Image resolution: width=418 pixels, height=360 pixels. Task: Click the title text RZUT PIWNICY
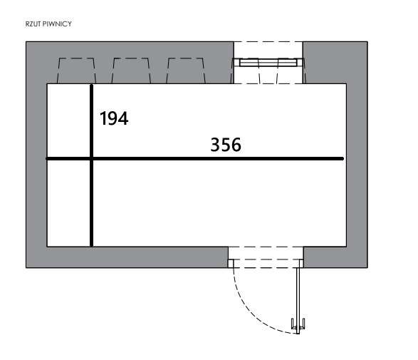point(48,24)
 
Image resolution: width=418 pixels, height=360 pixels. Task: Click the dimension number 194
point(114,118)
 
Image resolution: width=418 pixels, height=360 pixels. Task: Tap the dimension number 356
point(226,145)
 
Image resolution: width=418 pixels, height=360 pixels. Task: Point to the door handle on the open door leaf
point(298,324)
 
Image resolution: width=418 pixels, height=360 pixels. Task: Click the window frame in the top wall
point(268,63)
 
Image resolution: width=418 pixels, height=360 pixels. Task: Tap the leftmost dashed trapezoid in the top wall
point(76,71)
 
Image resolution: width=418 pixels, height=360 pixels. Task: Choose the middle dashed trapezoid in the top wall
point(131,71)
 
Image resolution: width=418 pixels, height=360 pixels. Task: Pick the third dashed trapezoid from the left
point(186,71)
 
